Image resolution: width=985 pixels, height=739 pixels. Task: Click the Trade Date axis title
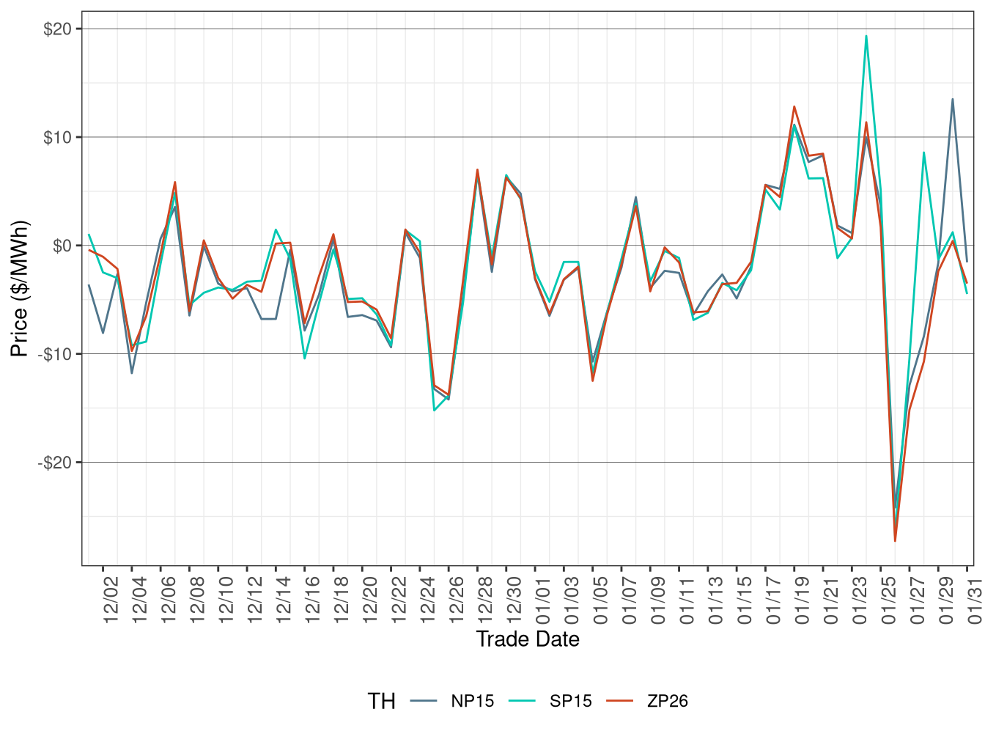(528, 639)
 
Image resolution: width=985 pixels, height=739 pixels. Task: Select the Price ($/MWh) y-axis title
(20, 289)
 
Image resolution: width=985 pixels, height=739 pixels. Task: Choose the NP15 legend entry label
(473, 702)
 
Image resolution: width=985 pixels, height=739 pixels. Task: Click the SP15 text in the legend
(571, 702)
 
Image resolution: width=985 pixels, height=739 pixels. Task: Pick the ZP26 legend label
(668, 702)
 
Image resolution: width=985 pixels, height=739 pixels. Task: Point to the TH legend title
(381, 702)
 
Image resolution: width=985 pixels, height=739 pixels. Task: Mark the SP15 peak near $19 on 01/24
(866, 36)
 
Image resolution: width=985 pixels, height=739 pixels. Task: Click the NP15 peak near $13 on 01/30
(953, 99)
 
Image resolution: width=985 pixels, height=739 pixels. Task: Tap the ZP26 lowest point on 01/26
(895, 541)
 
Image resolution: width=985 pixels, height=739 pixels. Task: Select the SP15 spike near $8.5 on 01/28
(924, 152)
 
